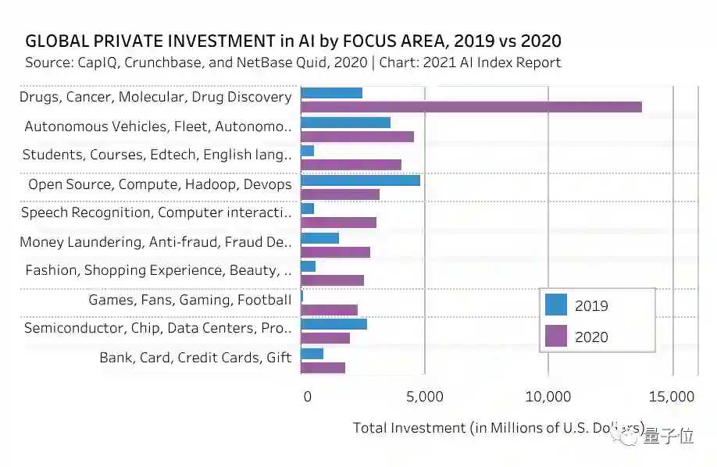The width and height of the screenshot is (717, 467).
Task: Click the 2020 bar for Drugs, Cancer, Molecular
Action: pos(471,107)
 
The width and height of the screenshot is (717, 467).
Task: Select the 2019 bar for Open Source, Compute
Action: pos(360,180)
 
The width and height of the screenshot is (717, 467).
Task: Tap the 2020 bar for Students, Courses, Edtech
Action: pos(351,165)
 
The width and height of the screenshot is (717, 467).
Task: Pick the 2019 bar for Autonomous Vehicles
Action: pos(345,122)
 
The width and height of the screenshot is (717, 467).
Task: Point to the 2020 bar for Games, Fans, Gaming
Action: pos(329,310)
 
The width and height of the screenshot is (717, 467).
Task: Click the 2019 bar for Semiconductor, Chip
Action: pos(334,324)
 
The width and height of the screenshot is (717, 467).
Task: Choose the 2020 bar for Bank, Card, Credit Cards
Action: pos(323,368)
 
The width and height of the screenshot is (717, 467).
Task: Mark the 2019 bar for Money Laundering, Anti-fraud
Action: pos(319,237)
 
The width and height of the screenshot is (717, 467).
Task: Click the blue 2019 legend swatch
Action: pos(556,305)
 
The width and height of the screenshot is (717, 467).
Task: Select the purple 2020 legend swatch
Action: pos(556,337)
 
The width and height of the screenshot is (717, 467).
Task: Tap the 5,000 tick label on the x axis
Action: pos(425,397)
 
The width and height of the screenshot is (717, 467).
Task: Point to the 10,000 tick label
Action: pos(548,397)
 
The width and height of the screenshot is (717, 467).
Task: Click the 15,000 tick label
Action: pos(671,397)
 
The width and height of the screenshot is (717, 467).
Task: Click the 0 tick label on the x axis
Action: pos(307,397)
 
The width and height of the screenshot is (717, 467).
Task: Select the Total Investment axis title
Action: pos(498,428)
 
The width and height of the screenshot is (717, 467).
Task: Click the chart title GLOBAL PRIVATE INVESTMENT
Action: pos(293,41)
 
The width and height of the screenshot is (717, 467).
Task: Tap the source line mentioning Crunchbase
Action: pos(293,62)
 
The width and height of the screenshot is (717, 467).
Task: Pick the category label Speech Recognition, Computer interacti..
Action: pos(156,212)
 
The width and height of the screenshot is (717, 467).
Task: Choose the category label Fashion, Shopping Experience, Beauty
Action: pos(159,270)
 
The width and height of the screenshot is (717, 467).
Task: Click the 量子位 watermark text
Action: pos(668,437)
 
